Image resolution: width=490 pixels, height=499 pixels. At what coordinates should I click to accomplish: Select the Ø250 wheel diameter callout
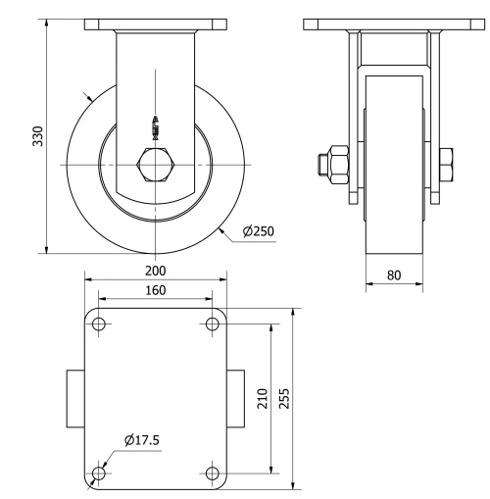[258, 231]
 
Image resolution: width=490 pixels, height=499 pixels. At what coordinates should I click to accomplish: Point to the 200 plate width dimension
[155, 271]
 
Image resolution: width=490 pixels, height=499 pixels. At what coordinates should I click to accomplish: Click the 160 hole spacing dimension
[155, 290]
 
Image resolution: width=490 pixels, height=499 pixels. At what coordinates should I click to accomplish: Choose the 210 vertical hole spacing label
[263, 399]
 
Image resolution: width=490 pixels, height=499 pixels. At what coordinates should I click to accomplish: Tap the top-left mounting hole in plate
[98, 324]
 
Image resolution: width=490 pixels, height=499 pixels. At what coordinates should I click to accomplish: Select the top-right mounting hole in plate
[212, 324]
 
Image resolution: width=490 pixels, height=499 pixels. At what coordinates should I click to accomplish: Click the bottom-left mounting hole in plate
[98, 474]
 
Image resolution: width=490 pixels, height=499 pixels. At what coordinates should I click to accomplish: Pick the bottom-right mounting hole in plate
[212, 474]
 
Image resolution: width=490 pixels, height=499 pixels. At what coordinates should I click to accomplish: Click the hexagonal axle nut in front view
[156, 165]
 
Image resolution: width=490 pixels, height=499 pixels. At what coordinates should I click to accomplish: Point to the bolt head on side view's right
[446, 165]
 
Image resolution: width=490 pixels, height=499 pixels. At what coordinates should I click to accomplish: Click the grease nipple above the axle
[154, 126]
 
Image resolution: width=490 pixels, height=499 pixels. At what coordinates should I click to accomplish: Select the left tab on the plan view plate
[75, 399]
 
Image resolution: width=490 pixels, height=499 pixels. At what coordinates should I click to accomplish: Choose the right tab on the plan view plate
[235, 399]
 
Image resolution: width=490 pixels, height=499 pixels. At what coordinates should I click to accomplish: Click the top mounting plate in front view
[155, 24]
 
